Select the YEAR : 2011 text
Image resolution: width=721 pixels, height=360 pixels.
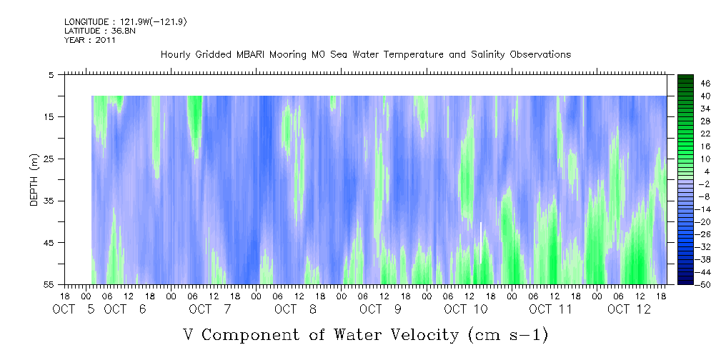89,40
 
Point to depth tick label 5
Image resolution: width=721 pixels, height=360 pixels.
51,74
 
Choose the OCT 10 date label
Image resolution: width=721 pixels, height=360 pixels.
465,309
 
